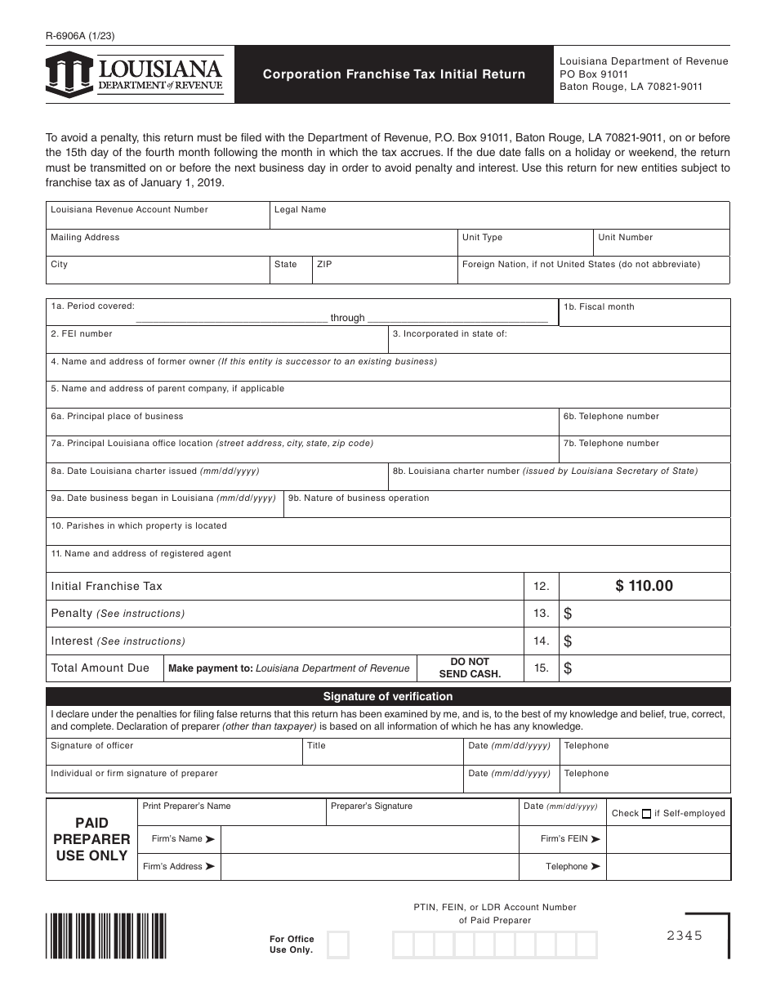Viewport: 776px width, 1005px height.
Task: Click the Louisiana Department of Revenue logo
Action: click(x=136, y=74)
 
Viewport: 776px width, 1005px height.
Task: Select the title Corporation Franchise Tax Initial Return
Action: click(x=394, y=74)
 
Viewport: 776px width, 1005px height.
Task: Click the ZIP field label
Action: click(x=324, y=265)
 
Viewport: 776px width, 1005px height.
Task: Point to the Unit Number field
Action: click(x=661, y=243)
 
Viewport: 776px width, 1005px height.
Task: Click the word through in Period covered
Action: click(x=348, y=318)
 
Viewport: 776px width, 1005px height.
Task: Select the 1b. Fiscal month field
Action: click(x=644, y=313)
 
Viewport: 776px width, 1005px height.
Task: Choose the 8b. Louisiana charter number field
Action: click(x=559, y=477)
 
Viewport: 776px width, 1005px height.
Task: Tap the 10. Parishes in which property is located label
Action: click(x=139, y=526)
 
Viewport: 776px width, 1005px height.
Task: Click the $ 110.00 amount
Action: click(x=644, y=586)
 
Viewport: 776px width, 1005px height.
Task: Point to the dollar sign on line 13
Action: click(x=568, y=614)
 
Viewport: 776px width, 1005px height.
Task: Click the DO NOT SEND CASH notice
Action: click(x=470, y=668)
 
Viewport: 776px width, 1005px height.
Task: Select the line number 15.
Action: click(x=541, y=668)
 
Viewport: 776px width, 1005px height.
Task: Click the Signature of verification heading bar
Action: click(x=388, y=697)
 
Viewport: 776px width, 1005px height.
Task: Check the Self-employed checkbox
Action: click(x=646, y=814)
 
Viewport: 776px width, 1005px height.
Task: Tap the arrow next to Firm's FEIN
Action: click(x=595, y=839)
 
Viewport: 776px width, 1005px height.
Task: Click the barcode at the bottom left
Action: click(x=106, y=935)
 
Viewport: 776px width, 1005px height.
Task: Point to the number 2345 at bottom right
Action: click(x=684, y=936)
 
